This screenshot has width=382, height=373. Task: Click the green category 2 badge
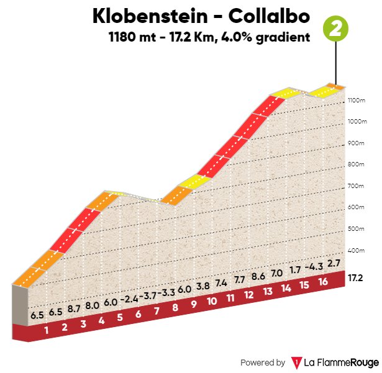(336, 29)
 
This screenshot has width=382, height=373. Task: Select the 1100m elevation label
(356, 100)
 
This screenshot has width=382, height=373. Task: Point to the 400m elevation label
(356, 251)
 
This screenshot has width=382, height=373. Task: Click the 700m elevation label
(356, 186)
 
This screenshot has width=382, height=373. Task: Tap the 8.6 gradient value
(259, 276)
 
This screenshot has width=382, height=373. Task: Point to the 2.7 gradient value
(334, 263)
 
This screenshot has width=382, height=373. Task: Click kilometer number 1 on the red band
(46, 330)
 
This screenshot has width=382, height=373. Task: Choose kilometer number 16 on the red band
(322, 282)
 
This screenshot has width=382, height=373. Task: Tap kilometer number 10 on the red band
(212, 301)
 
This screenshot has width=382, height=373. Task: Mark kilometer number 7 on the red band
(157, 310)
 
